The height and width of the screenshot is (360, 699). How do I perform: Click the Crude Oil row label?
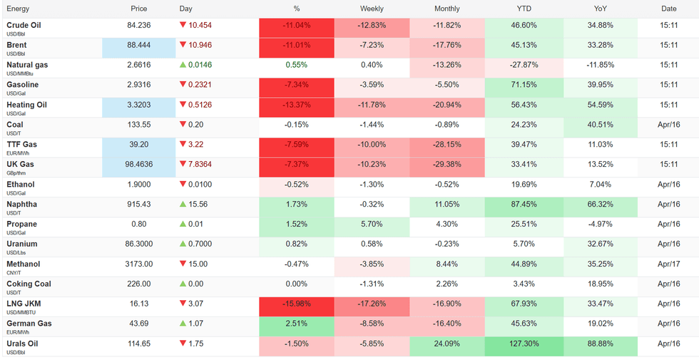coord(24,25)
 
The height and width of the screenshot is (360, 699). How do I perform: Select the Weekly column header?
coord(372,9)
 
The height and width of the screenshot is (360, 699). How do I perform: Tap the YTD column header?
coord(524,9)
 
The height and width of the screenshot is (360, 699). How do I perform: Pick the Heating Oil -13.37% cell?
coord(297,105)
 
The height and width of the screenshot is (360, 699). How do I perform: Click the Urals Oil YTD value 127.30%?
coord(524,344)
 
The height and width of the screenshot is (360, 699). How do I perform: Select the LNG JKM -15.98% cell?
coord(297,304)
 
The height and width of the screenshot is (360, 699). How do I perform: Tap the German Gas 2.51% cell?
coord(297,324)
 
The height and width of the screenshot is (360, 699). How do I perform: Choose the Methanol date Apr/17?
coord(668,264)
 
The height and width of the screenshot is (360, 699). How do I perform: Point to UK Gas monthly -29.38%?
coord(447,165)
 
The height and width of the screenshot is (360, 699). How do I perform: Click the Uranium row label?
coord(22,244)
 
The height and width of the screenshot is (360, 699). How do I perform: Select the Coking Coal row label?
coord(29,284)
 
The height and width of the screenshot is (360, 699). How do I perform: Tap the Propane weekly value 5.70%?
coord(372,224)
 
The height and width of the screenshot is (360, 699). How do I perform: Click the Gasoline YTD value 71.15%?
coord(524,85)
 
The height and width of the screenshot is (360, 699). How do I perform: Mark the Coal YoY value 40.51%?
coord(600,125)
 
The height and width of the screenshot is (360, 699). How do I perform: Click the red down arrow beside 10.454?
coord(183,25)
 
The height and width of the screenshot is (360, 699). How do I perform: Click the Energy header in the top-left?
coord(18,9)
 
